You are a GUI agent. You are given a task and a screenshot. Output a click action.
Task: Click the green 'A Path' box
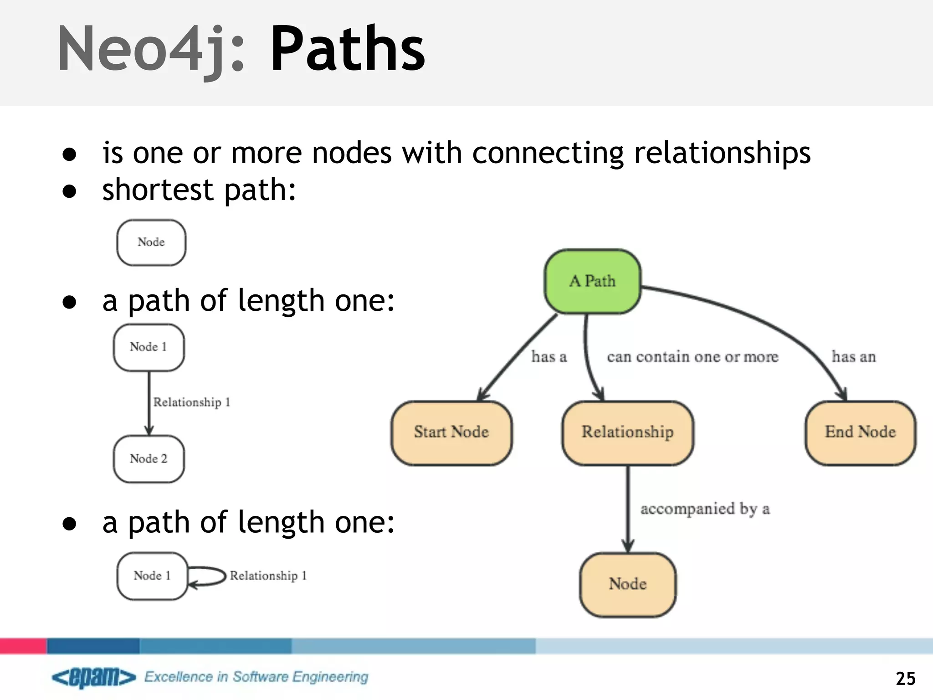point(592,281)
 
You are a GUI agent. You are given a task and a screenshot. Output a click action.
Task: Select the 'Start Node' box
point(451,432)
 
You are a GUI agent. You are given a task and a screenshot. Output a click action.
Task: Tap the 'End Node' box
point(860,432)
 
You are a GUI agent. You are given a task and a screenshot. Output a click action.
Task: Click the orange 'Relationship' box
point(627,432)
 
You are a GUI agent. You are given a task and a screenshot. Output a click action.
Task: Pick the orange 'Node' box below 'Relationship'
point(627,584)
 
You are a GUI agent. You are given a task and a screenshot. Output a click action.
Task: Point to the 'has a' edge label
point(549,356)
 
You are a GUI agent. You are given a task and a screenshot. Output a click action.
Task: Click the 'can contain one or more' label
point(692,356)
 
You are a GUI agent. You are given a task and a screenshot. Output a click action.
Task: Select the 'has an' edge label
point(853,356)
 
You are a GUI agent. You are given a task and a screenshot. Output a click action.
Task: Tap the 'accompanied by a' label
point(705,509)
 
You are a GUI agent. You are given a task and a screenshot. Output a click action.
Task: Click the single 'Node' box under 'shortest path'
point(151,242)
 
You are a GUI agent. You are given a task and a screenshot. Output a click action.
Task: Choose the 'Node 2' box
point(149,459)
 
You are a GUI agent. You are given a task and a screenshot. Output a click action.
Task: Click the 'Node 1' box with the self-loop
point(152,576)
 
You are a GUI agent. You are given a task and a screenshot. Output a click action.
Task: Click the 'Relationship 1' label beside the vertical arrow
point(191,402)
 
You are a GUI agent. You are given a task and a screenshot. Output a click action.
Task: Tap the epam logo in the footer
point(94,677)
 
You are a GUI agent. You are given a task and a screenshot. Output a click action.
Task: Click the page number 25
point(905,679)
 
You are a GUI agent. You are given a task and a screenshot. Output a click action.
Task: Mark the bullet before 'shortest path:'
point(69,191)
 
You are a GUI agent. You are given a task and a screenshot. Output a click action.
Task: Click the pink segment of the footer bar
point(23,646)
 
